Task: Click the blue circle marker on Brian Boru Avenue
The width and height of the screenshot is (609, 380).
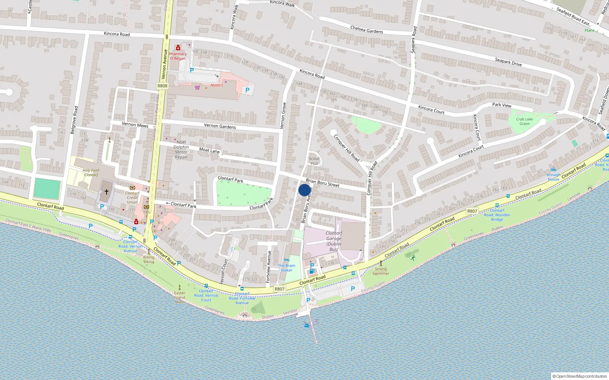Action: click(304, 190)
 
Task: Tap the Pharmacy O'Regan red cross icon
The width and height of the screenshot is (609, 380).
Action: click(178, 47)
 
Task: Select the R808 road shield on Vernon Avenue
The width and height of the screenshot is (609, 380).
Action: click(162, 86)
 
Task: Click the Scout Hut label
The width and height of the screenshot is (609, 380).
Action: click(314, 161)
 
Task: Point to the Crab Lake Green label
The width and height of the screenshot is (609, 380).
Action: click(525, 121)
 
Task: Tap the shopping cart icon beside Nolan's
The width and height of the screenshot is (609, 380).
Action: click(197, 87)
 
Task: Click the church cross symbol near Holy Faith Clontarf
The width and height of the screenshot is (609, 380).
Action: click(107, 192)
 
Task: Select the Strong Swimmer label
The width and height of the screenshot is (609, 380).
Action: click(381, 271)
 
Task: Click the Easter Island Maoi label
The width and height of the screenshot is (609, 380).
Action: click(180, 297)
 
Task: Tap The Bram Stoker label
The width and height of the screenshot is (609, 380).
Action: click(286, 268)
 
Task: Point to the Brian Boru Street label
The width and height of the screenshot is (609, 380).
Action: click(322, 183)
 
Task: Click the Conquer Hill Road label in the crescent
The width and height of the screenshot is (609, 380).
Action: click(346, 147)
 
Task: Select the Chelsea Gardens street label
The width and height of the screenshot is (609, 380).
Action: click(367, 30)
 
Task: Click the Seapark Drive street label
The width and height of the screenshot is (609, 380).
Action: click(508, 62)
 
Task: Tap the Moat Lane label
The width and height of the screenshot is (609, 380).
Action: click(209, 150)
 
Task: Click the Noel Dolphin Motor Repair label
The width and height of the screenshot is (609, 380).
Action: click(181, 150)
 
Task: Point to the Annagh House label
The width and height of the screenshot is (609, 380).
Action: click(553, 177)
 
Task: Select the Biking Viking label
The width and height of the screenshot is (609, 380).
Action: click(148, 260)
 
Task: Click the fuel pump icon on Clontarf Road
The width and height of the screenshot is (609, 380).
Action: click(312, 271)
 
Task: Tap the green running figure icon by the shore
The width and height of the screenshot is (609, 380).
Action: click(413, 258)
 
